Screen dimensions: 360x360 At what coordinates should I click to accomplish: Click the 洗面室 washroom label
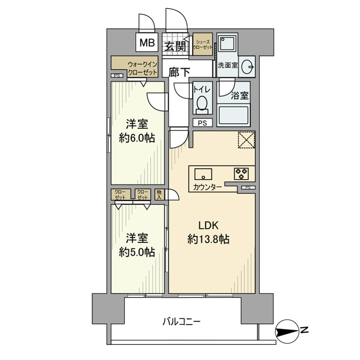pos(226,66)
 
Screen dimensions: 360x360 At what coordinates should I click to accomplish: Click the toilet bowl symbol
pos(202,104)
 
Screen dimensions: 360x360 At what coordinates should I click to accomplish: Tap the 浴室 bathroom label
pos(240,96)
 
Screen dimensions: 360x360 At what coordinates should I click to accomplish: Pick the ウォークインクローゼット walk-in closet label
pos(142,69)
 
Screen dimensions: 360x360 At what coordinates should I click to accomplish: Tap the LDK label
pos(209,225)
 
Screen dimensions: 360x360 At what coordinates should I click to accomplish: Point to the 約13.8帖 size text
pos(209,239)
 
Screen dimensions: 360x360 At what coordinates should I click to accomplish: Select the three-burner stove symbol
pos(242,172)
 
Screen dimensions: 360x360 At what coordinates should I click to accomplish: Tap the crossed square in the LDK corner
pos(246,140)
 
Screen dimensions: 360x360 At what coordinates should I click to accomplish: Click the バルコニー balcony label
pos(182,321)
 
